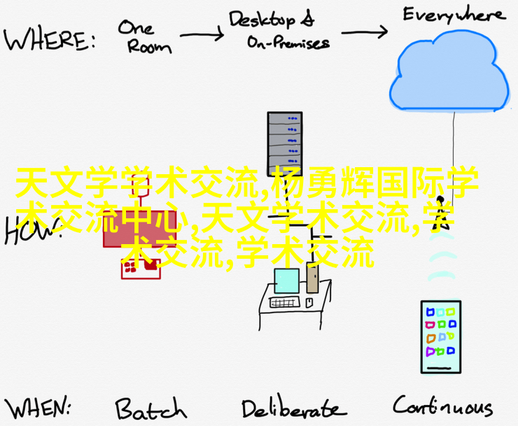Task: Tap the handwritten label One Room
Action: point(143,36)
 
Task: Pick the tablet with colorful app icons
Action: point(440,336)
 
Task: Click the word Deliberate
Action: point(293,408)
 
